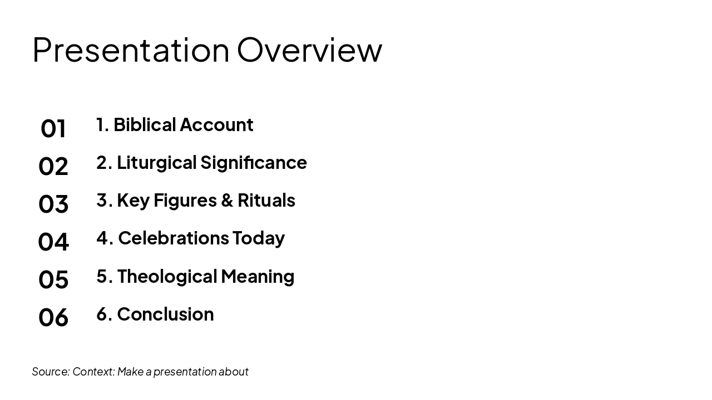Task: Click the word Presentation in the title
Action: click(x=131, y=50)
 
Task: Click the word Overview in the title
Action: click(x=309, y=50)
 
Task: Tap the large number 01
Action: click(x=53, y=128)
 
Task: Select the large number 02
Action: click(x=53, y=166)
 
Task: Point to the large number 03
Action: click(x=53, y=204)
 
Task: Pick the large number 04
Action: click(x=53, y=242)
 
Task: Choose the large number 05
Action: click(x=53, y=279)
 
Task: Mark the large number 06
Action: click(x=53, y=317)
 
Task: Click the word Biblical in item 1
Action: click(x=144, y=124)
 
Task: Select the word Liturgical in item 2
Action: click(x=157, y=163)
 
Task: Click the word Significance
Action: click(x=254, y=163)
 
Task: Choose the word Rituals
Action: click(x=266, y=200)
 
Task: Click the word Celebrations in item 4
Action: click(x=174, y=238)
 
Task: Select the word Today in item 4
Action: click(x=259, y=238)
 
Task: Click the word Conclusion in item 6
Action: click(x=165, y=314)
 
